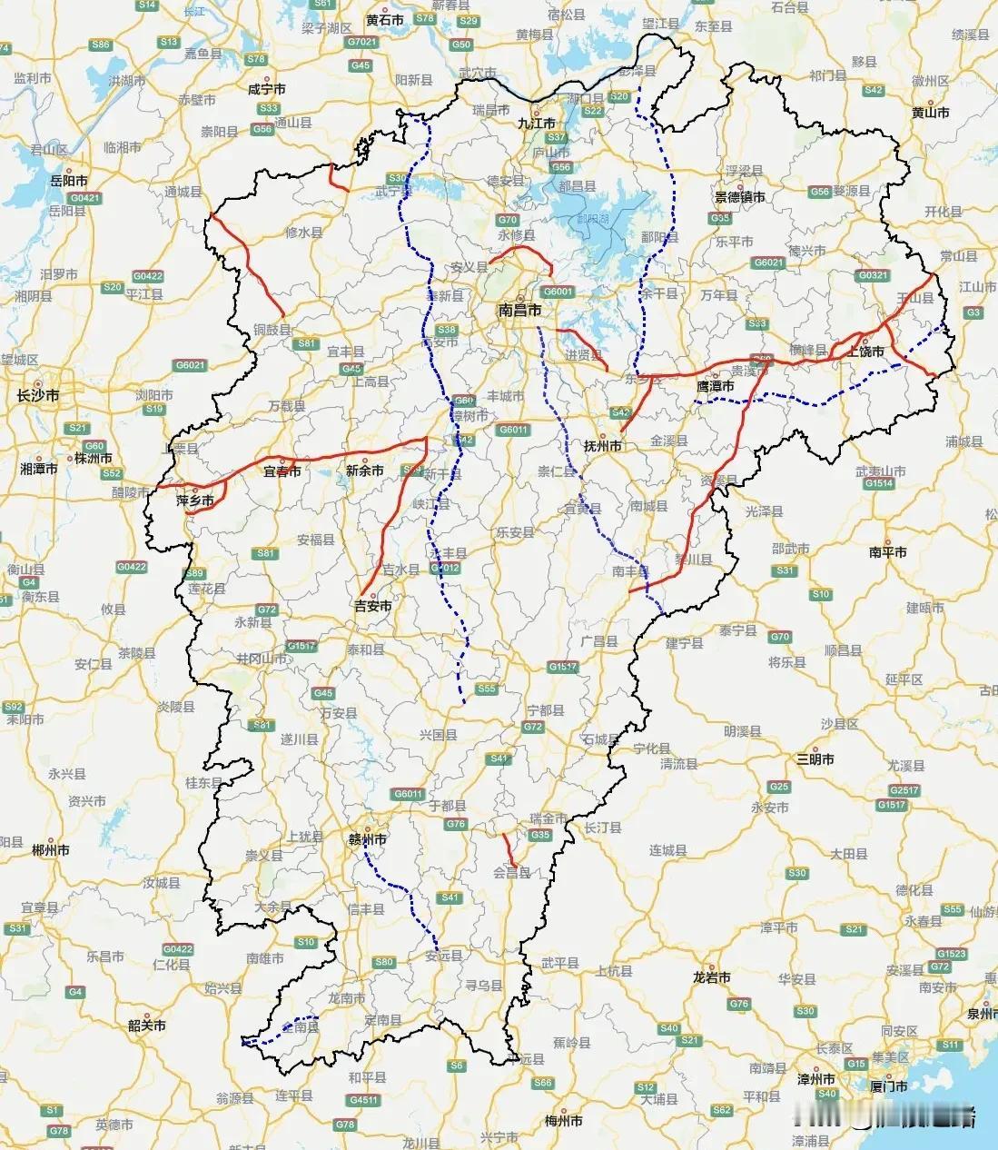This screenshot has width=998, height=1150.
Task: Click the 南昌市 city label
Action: pyautogui.click(x=520, y=310)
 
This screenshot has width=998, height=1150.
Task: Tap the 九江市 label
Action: pyautogui.click(x=537, y=123)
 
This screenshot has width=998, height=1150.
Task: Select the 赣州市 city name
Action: pyautogui.click(x=368, y=839)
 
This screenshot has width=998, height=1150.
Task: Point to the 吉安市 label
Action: pyautogui.click(x=372, y=606)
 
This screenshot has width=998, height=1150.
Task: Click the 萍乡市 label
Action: pyautogui.click(x=195, y=501)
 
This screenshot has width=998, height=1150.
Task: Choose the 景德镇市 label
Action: pyautogui.click(x=739, y=196)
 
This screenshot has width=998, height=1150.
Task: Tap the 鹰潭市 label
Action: pyautogui.click(x=715, y=386)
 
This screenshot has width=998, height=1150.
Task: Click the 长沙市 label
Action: pyautogui.click(x=38, y=395)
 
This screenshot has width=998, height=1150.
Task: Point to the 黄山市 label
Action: pyautogui.click(x=930, y=113)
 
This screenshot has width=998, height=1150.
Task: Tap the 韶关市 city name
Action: pyautogui.click(x=147, y=1025)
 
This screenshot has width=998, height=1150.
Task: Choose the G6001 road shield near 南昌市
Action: pyautogui.click(x=558, y=292)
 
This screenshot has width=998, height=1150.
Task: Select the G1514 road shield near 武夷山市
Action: pyautogui.click(x=878, y=484)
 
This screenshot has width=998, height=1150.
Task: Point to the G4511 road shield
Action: pyautogui.click(x=363, y=1100)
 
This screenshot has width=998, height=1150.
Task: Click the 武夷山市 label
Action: pyautogui.click(x=880, y=471)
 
